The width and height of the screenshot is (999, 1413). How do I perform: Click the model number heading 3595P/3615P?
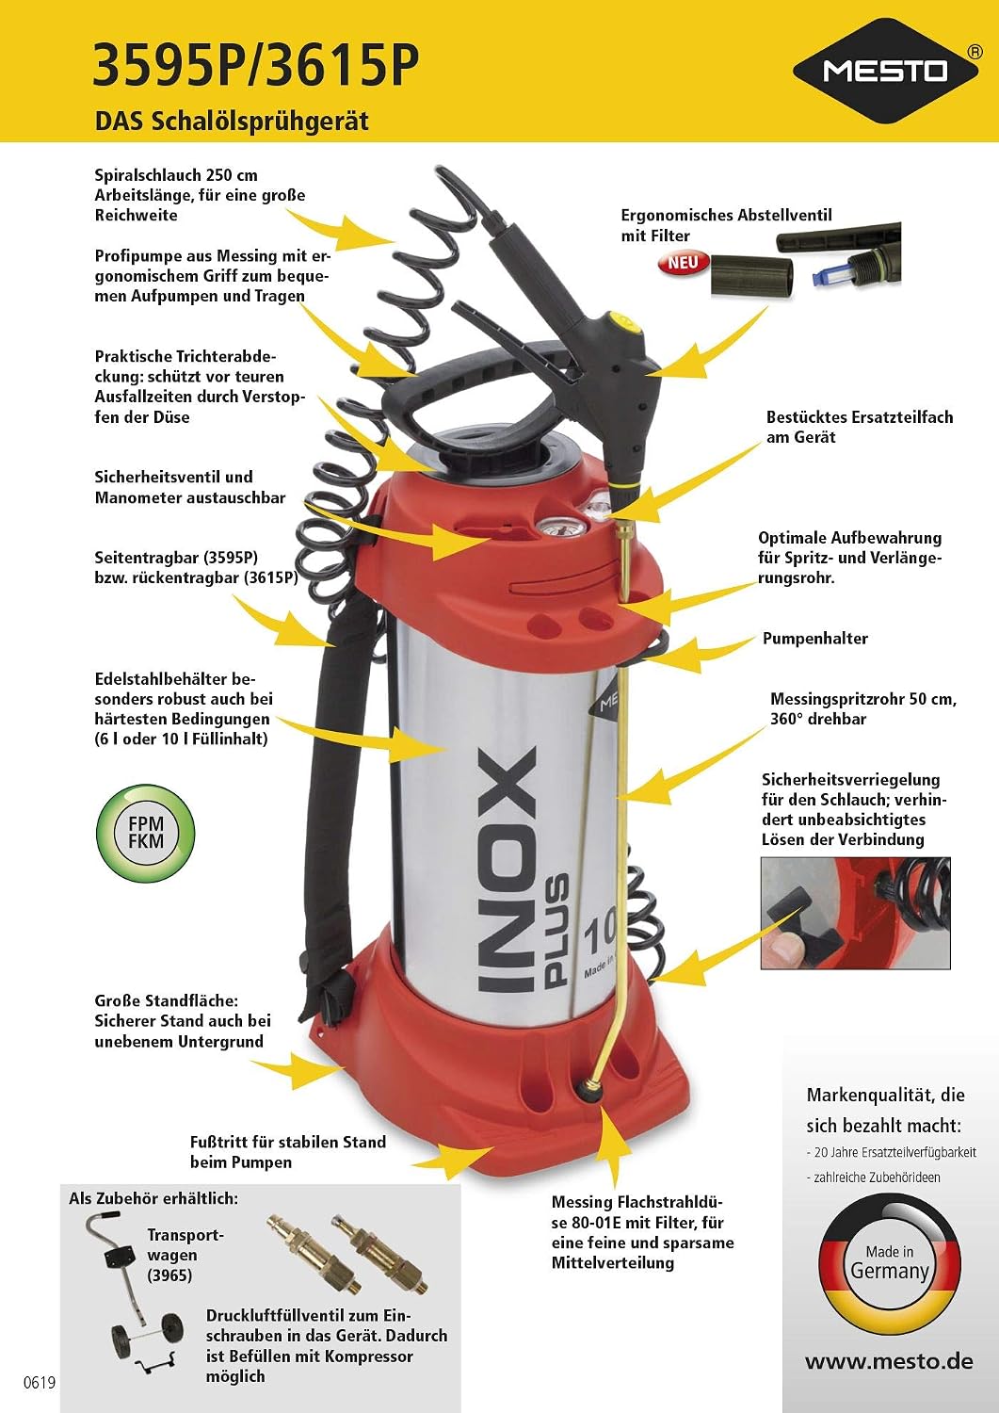(x=255, y=65)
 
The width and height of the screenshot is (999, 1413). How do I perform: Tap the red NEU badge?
(x=684, y=263)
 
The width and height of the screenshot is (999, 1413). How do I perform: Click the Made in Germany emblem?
(x=889, y=1264)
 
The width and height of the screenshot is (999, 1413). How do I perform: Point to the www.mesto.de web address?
(x=889, y=1360)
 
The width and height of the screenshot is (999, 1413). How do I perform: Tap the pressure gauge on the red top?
(x=556, y=527)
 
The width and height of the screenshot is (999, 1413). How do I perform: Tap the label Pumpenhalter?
(x=814, y=639)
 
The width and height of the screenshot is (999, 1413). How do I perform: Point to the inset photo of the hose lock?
(x=855, y=913)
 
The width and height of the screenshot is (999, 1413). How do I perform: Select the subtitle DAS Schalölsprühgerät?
(x=232, y=122)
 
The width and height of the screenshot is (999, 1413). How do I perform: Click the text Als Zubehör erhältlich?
(x=153, y=1198)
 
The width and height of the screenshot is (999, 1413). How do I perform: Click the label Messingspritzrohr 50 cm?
(x=862, y=699)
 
